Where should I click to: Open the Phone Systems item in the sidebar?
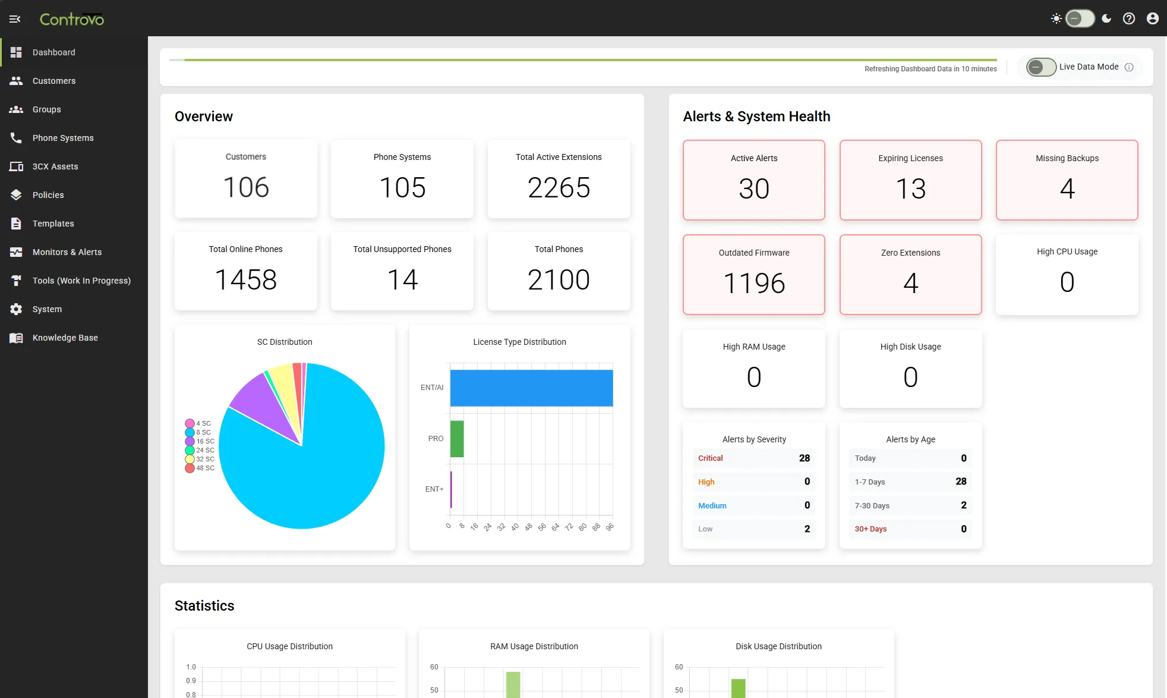tap(62, 138)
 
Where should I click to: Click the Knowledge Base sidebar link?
tap(65, 338)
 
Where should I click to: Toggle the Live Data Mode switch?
tap(1040, 67)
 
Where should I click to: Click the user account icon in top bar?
tap(1152, 18)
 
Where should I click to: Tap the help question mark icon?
tap(1128, 18)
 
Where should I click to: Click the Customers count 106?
tap(245, 187)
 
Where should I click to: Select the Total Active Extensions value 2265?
tap(559, 188)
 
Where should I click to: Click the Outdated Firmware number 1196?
tap(753, 283)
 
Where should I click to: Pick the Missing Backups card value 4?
tap(1067, 189)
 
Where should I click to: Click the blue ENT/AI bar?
tap(531, 388)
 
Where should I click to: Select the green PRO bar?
tap(456, 439)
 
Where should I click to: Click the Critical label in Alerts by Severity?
tap(710, 458)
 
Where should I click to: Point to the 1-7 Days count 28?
tap(960, 482)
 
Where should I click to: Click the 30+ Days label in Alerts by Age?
tap(870, 529)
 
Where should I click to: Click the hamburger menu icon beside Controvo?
tap(15, 19)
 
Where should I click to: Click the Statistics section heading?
tap(204, 606)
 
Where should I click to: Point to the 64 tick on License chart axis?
tap(556, 527)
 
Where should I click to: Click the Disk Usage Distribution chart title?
tap(778, 646)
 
